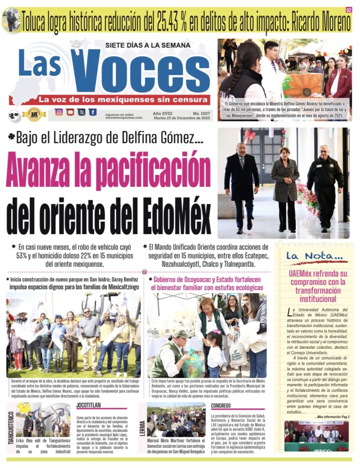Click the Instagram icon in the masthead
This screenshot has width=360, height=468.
click(59, 112)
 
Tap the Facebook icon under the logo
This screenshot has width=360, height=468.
click(93, 112)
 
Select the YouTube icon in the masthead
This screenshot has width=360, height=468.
click(70, 112)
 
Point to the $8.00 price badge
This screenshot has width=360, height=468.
click(14, 115)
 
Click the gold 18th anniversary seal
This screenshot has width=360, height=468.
click(34, 114)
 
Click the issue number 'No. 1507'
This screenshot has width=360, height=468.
click(201, 112)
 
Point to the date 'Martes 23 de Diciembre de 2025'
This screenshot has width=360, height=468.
click(183, 118)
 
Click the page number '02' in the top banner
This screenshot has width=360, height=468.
click(349, 10)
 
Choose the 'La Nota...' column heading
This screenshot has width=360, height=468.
click(314, 256)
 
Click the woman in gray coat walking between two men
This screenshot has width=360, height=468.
click(285, 187)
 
